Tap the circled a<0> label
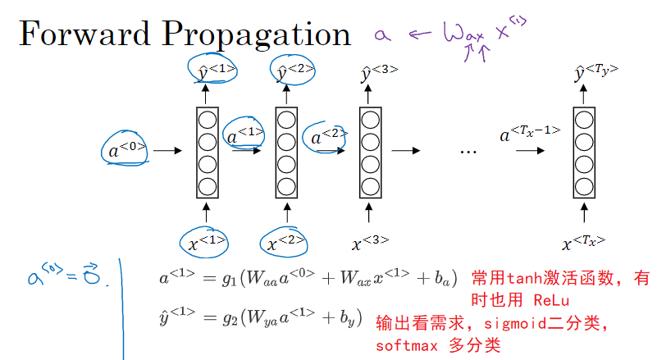click(x=127, y=149)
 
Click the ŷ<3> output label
click(x=378, y=73)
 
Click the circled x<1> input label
click(x=203, y=242)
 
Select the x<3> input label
click(x=369, y=243)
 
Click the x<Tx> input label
click(x=583, y=243)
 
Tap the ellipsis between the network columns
click(x=468, y=152)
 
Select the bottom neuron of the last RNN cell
click(x=583, y=185)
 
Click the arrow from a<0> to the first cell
click(x=167, y=151)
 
